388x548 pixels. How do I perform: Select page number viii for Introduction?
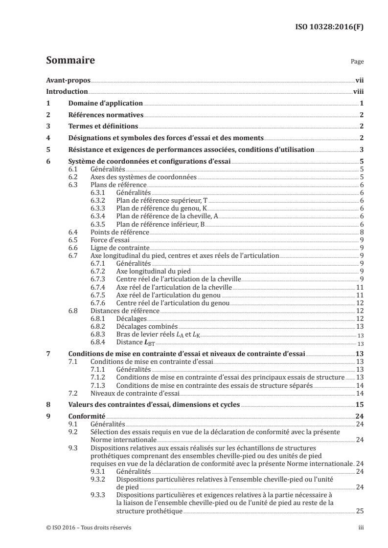pyautogui.click(x=358, y=91)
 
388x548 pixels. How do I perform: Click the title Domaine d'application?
pyautogui.click(x=105, y=104)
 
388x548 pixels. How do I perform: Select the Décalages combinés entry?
pyautogui.click(x=147, y=326)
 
